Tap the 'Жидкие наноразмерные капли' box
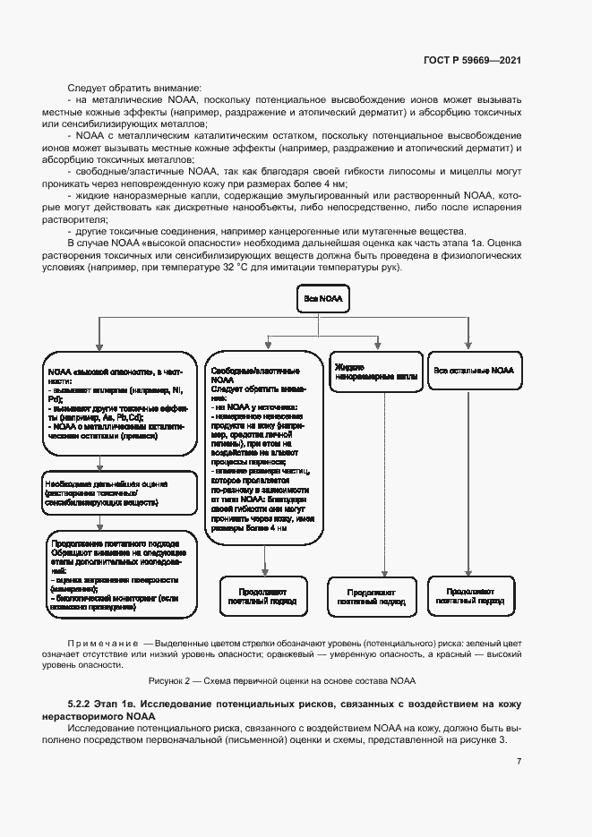(x=375, y=372)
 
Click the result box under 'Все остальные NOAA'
(x=471, y=596)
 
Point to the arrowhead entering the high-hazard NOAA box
(x=99, y=347)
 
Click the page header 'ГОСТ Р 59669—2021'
(x=472, y=60)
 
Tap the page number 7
(x=519, y=761)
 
